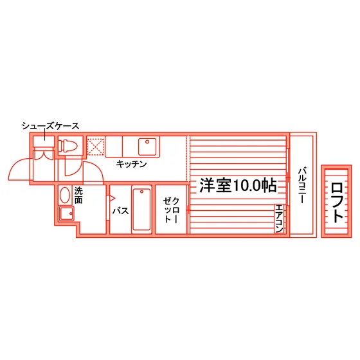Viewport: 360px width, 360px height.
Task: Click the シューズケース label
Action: click(x=51, y=126)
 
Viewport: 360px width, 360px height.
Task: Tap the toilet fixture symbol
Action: click(x=67, y=146)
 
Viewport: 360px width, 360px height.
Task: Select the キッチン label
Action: click(x=131, y=164)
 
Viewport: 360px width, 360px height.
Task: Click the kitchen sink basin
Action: click(x=147, y=147)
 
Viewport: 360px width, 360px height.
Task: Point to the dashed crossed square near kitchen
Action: click(x=96, y=147)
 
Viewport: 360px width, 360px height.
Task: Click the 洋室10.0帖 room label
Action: click(x=238, y=185)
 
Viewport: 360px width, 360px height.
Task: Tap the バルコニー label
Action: click(x=302, y=186)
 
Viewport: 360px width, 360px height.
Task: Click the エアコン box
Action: click(x=279, y=219)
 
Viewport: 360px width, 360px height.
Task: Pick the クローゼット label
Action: click(x=171, y=210)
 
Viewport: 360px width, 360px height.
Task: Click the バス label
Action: click(x=120, y=211)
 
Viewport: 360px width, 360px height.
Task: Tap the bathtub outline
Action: click(x=141, y=210)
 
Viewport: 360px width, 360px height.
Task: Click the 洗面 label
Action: click(x=78, y=195)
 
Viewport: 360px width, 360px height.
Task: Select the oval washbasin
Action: click(x=65, y=195)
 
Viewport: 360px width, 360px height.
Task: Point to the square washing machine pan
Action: click(x=67, y=213)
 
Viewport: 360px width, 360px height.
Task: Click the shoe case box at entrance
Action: click(x=44, y=141)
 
